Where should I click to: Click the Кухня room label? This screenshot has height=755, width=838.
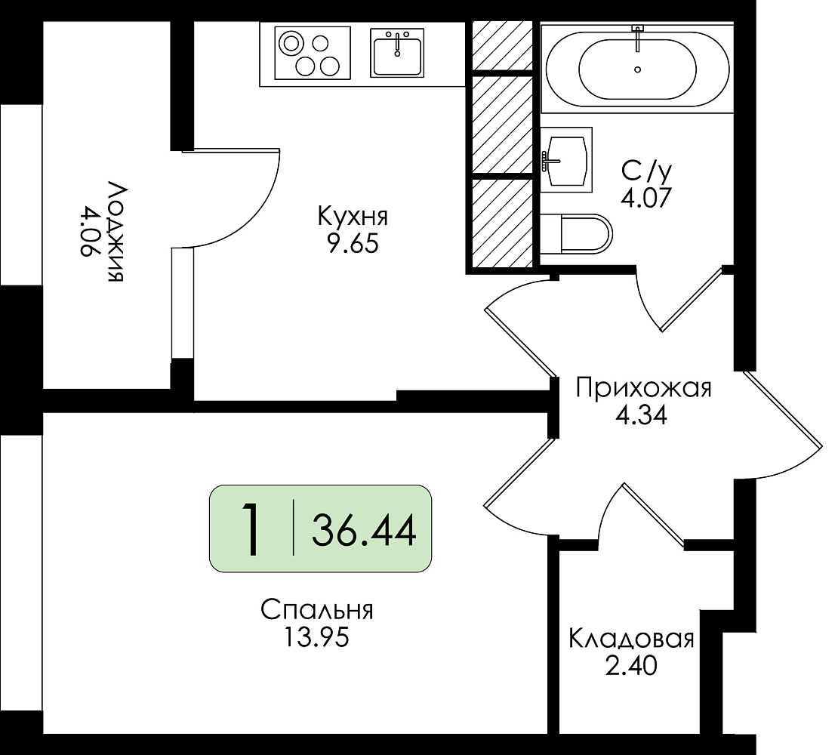point(353,217)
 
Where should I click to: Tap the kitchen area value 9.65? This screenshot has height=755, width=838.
point(353,244)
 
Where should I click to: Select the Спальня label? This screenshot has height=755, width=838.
point(317,611)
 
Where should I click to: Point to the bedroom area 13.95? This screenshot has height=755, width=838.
point(316,637)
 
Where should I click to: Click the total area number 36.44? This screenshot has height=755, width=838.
point(364,531)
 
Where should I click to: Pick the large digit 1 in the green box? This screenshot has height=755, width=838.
point(251,529)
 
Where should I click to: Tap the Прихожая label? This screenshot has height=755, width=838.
point(643,389)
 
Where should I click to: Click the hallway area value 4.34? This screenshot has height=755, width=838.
point(641,415)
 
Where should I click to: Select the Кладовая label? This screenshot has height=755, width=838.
point(631,638)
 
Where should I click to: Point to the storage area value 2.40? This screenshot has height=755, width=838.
point(631,666)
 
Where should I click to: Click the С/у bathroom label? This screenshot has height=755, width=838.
point(647,171)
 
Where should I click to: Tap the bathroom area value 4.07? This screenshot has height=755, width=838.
point(645,198)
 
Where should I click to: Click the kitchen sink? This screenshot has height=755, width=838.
point(397,52)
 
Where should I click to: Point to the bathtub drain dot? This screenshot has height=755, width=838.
point(638,69)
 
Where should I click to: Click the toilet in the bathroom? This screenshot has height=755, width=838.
point(576,234)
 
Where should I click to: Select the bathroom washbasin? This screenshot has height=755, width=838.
point(566,159)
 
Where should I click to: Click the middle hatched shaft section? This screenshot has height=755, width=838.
point(502,125)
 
